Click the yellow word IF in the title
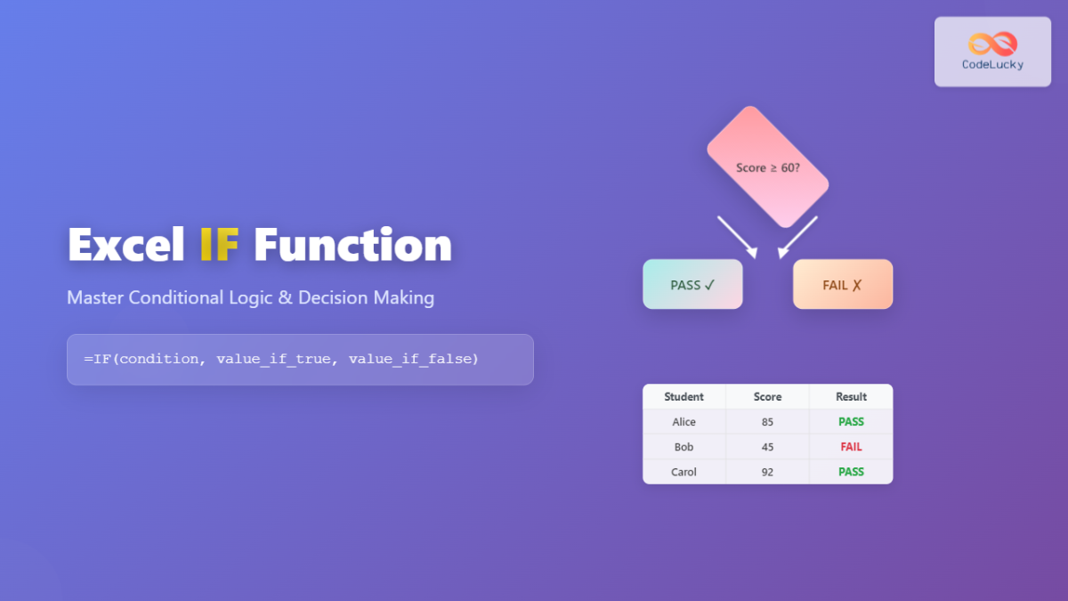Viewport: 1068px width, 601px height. point(219,244)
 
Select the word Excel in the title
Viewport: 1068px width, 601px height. point(126,244)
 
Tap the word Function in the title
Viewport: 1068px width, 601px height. point(352,244)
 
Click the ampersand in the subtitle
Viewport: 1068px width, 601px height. point(285,297)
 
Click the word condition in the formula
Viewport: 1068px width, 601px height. point(158,359)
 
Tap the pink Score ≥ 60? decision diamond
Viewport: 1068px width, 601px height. point(767,167)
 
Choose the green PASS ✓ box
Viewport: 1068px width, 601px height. point(692,284)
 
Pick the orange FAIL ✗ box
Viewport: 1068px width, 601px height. point(843,284)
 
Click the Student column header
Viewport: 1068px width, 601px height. point(684,397)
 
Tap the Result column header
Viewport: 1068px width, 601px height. point(851,397)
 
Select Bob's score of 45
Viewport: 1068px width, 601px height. point(767,447)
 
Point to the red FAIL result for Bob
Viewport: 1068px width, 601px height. point(851,447)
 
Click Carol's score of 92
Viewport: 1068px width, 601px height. point(767,472)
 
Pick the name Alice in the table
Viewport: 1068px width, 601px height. point(684,422)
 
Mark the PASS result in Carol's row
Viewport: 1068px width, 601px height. point(851,472)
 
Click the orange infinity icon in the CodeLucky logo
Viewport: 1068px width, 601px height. point(992,44)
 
